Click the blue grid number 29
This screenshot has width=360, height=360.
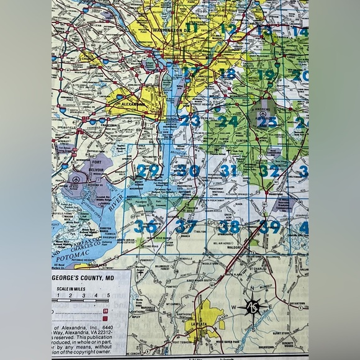(x=148, y=171)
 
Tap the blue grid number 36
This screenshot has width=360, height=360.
(x=145, y=227)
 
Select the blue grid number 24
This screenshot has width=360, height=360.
(x=227, y=121)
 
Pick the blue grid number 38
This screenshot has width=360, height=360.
(x=228, y=227)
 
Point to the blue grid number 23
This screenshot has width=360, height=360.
(x=189, y=120)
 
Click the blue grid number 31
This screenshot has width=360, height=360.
(x=229, y=171)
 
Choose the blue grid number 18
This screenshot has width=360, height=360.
(x=228, y=74)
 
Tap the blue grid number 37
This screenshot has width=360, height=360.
(x=186, y=227)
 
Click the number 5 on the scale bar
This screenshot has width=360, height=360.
(x=109, y=295)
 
